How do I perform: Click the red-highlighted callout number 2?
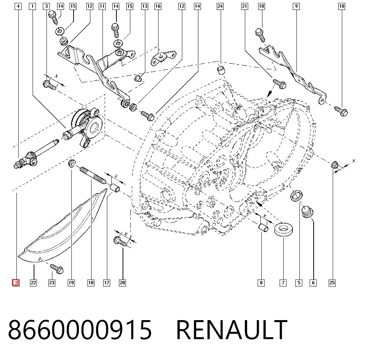click(16, 283)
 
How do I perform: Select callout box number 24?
click(220, 6)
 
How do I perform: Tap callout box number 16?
click(158, 6)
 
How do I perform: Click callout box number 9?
click(296, 6)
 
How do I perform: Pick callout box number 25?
click(332, 283)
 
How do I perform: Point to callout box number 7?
click(283, 283)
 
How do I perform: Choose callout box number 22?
click(33, 283)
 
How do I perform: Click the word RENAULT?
click(232, 330)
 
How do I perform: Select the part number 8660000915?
click(80, 330)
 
